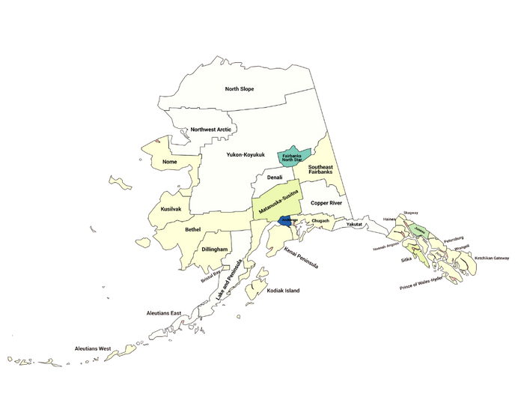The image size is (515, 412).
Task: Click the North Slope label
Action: coord(240,89)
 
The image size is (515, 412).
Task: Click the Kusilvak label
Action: coord(171,209)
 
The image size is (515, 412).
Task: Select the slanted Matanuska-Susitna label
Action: coord(278,202)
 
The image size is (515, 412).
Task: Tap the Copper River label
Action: coord(326,202)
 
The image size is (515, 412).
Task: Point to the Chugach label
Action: coord(320,221)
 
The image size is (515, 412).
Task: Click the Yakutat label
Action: coord(354,224)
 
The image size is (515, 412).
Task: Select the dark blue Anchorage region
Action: coord(285,221)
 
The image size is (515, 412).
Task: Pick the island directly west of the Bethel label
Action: coord(141,241)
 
